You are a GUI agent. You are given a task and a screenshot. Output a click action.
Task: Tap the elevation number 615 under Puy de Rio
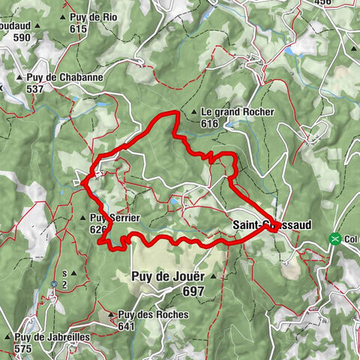(x=78, y=29)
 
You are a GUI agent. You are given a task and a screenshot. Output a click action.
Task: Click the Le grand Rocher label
(x=237, y=112)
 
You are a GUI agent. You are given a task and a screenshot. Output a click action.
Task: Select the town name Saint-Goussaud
(x=271, y=223)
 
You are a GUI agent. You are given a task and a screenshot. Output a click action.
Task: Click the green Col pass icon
(x=334, y=239)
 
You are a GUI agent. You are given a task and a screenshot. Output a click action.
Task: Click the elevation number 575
(x=24, y=349)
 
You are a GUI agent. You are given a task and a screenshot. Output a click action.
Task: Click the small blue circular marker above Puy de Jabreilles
(x=55, y=283)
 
